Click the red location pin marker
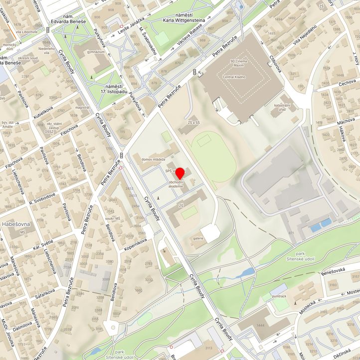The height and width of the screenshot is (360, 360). pos(180,173)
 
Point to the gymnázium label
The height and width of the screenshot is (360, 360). pos(96,52)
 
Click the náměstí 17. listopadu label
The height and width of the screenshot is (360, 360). pos(114,89)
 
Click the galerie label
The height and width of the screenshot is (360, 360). pos(198,238)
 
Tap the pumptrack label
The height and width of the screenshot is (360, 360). pos(279,296)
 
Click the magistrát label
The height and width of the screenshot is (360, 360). pos(82,107)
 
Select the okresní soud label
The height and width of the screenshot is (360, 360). pos(29,58)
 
